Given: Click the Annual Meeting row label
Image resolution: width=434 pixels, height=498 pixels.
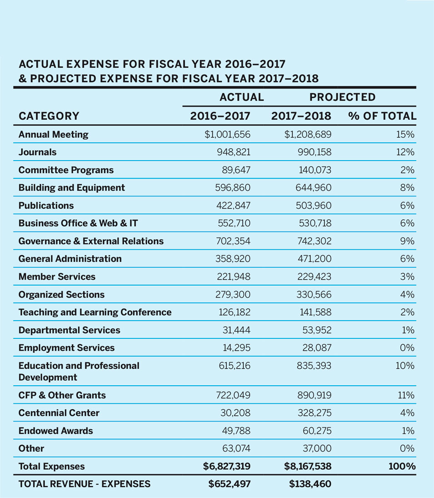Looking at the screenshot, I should pyautogui.click(x=53, y=135).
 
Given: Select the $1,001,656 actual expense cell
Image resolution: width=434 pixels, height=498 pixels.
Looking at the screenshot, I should pyautogui.click(x=226, y=135).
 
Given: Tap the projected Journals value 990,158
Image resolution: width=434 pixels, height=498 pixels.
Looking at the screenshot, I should pyautogui.click(x=312, y=152).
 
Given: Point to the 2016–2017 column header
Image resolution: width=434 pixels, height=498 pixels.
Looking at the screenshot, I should pyautogui.click(x=220, y=116).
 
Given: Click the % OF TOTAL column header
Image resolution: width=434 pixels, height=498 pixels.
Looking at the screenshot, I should pyautogui.click(x=382, y=116).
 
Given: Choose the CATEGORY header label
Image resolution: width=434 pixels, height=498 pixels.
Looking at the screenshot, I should pyautogui.click(x=49, y=116).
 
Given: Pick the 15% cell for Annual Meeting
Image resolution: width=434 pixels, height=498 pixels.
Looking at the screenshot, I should pyautogui.click(x=406, y=135).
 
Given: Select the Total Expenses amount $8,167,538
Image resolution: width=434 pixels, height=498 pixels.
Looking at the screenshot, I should pyautogui.click(x=305, y=467).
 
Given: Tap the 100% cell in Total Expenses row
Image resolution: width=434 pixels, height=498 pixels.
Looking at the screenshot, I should pyautogui.click(x=402, y=467).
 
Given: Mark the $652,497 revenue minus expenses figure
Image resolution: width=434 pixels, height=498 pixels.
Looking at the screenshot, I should pyautogui.click(x=229, y=484).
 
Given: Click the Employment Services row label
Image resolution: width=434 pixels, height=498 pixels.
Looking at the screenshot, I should pyautogui.click(x=66, y=348).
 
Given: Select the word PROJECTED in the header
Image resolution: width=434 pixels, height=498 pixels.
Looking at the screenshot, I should pyautogui.click(x=342, y=97).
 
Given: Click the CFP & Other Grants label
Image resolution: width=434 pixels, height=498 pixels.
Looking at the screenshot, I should pyautogui.click(x=62, y=395).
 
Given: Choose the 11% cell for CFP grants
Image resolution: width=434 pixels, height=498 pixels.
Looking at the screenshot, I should pyautogui.click(x=406, y=395).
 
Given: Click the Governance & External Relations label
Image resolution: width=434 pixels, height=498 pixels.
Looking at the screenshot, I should pyautogui.click(x=91, y=241).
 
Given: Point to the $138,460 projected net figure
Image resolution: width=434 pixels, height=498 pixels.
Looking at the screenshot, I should pyautogui.click(x=310, y=484).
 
